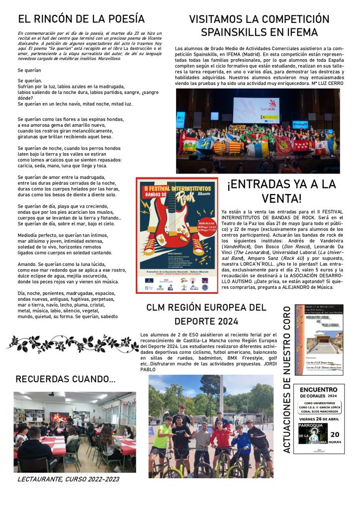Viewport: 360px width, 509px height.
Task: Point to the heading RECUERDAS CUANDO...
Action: pyautogui.click(x=65, y=379)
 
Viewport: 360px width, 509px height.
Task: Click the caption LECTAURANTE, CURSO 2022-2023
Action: pyautogui.click(x=68, y=480)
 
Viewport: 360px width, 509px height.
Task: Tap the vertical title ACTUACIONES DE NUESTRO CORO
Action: pyautogui.click(x=286, y=380)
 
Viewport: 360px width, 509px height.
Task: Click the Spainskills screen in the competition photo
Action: pyautogui.click(x=256, y=110)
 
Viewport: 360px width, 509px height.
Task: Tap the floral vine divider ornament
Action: pyautogui.click(x=72, y=343)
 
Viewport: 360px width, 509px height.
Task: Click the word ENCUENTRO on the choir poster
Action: pyautogui.click(x=318, y=390)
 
